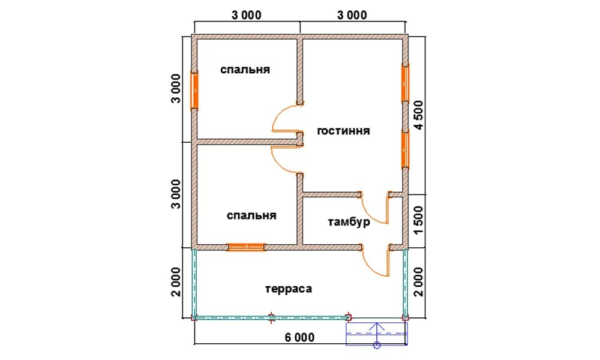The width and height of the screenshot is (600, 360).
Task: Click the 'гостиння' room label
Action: pyautogui.click(x=343, y=131)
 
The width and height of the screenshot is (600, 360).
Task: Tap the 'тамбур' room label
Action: pyautogui.click(x=349, y=222)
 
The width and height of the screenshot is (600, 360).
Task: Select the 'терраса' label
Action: pyautogui.click(x=289, y=289)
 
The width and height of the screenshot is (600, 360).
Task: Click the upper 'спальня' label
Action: pyautogui.click(x=245, y=70)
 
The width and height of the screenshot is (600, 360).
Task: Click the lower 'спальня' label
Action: pyautogui.click(x=251, y=215)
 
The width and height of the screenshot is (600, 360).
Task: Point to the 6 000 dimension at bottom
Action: pyautogui.click(x=299, y=337)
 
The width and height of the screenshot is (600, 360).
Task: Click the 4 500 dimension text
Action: pyautogui.click(x=419, y=115)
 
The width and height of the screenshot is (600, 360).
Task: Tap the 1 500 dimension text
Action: pyautogui.click(x=419, y=221)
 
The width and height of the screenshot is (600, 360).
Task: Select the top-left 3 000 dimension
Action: pyautogui.click(x=247, y=15)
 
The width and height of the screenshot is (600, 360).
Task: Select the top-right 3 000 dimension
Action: pyautogui.click(x=352, y=15)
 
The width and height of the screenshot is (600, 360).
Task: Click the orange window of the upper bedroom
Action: pyautogui.click(x=195, y=91)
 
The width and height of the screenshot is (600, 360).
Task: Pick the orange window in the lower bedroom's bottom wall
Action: pyautogui.click(x=246, y=247)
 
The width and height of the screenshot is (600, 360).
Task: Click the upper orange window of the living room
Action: pyautogui.click(x=405, y=83)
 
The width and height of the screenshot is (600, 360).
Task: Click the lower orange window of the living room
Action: pyautogui.click(x=405, y=149)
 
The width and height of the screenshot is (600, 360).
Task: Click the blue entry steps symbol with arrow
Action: pyautogui.click(x=377, y=334)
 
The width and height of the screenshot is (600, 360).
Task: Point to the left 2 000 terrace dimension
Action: pyautogui.click(x=176, y=282)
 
